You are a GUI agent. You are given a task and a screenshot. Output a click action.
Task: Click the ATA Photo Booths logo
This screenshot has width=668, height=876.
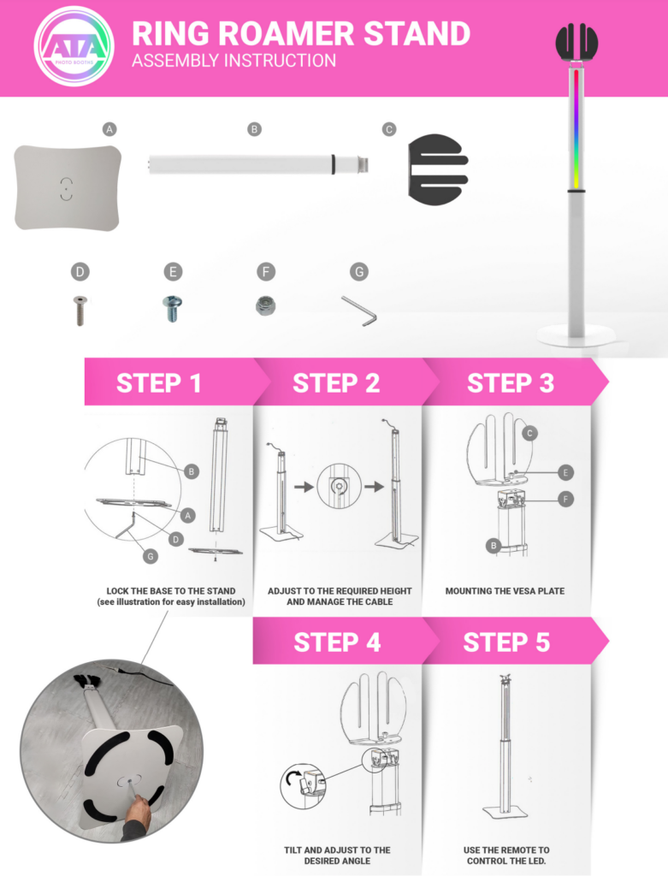click(74, 46)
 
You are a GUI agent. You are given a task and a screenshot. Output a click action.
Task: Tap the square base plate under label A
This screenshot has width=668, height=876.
click(67, 187)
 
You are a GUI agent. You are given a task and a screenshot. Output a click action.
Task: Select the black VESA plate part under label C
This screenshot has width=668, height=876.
click(438, 169)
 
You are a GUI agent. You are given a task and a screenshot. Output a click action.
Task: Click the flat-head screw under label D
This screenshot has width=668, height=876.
click(80, 310)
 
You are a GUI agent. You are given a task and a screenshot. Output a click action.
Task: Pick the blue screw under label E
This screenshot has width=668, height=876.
click(172, 308)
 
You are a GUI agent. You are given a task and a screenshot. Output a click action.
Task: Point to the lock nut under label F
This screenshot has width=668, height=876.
click(265, 306)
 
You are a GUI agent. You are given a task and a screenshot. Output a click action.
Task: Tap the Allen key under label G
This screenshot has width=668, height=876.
click(358, 311)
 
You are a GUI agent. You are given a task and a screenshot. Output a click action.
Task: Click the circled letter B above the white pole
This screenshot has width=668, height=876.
click(254, 129)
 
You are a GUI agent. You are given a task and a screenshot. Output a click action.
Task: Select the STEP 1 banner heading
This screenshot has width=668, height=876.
click(158, 383)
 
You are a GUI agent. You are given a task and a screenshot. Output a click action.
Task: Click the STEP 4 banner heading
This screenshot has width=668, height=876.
click(337, 642)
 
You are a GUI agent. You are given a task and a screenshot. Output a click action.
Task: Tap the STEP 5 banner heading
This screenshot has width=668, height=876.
click(506, 642)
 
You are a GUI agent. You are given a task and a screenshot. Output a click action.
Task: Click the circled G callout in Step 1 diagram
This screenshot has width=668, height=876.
click(151, 556)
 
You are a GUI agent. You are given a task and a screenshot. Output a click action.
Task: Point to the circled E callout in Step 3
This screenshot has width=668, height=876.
click(565, 472)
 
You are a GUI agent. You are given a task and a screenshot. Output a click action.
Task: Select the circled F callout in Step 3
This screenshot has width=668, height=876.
click(565, 499)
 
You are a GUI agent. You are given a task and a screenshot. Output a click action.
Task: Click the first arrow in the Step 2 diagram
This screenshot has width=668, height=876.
click(304, 487)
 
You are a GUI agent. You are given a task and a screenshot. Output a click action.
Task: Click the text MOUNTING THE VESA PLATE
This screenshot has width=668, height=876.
click(505, 591)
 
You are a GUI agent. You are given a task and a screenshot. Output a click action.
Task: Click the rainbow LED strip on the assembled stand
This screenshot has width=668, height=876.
click(576, 129)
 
